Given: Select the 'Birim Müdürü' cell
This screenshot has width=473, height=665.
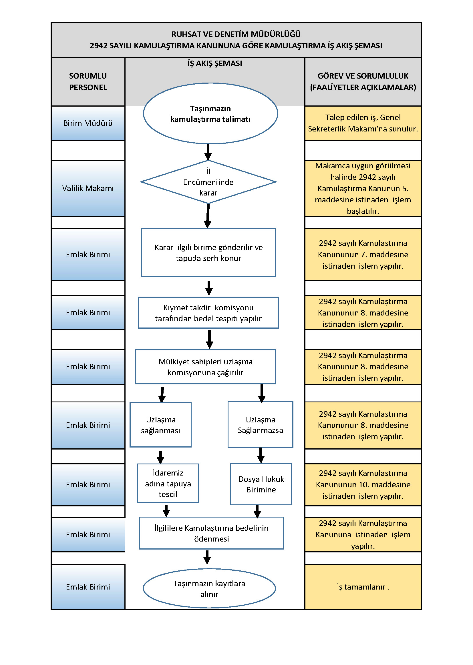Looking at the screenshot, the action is pos(88,123).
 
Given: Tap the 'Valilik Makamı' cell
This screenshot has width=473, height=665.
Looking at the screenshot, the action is pos(88,188).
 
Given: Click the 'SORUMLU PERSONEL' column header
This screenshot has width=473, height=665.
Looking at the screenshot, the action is pos(88,81).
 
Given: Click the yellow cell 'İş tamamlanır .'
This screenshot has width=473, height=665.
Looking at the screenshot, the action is pos(363,587).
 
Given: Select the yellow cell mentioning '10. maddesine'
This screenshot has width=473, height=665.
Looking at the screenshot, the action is pos(363,485).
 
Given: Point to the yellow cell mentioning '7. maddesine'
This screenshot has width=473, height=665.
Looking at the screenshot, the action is pos(363,255).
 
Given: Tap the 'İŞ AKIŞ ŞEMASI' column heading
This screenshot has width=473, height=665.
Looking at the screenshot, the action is pos(215,63).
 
